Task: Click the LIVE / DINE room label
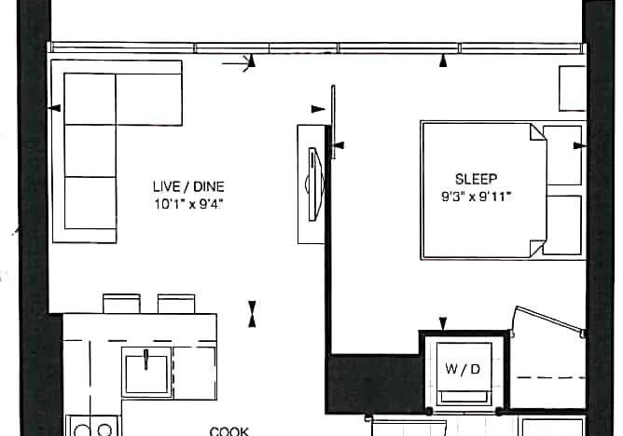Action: point(188,186)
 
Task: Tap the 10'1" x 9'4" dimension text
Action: point(188,204)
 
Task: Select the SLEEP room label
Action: point(476,179)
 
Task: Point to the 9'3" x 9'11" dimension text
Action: point(476,196)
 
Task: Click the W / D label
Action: point(463,369)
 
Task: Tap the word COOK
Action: point(229,431)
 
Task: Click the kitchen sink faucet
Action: point(146,359)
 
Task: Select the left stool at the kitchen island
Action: point(121,304)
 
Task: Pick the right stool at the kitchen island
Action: point(176,304)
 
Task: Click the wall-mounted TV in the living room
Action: point(316,184)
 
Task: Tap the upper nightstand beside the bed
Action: point(562,156)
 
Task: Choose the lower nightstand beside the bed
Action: point(562,225)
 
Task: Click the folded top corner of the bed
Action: point(537,132)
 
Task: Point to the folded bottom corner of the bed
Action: point(537,249)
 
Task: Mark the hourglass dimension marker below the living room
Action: point(252,314)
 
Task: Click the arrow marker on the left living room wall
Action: point(54,107)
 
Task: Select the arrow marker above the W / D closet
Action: point(443,323)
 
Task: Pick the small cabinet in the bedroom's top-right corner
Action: point(573,89)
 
